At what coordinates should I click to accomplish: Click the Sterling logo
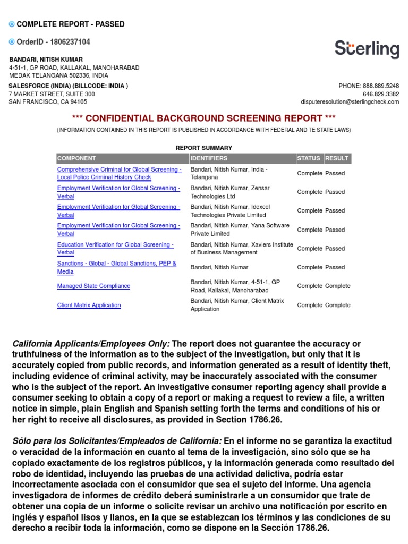367,49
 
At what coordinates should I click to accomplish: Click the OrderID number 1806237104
70,42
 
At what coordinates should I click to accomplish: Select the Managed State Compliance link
93,286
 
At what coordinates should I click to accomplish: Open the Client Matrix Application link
89,305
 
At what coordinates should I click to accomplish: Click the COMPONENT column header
76,158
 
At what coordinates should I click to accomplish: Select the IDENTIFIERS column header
209,158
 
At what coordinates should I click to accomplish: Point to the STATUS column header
309,158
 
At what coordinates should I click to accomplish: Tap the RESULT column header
337,158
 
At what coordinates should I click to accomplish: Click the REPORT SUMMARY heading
204,148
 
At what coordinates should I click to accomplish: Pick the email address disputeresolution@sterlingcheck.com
350,102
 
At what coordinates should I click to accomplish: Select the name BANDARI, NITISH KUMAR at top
46,59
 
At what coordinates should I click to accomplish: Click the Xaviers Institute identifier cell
242,249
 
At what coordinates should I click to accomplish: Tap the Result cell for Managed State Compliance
338,286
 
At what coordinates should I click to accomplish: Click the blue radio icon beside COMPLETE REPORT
12,24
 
